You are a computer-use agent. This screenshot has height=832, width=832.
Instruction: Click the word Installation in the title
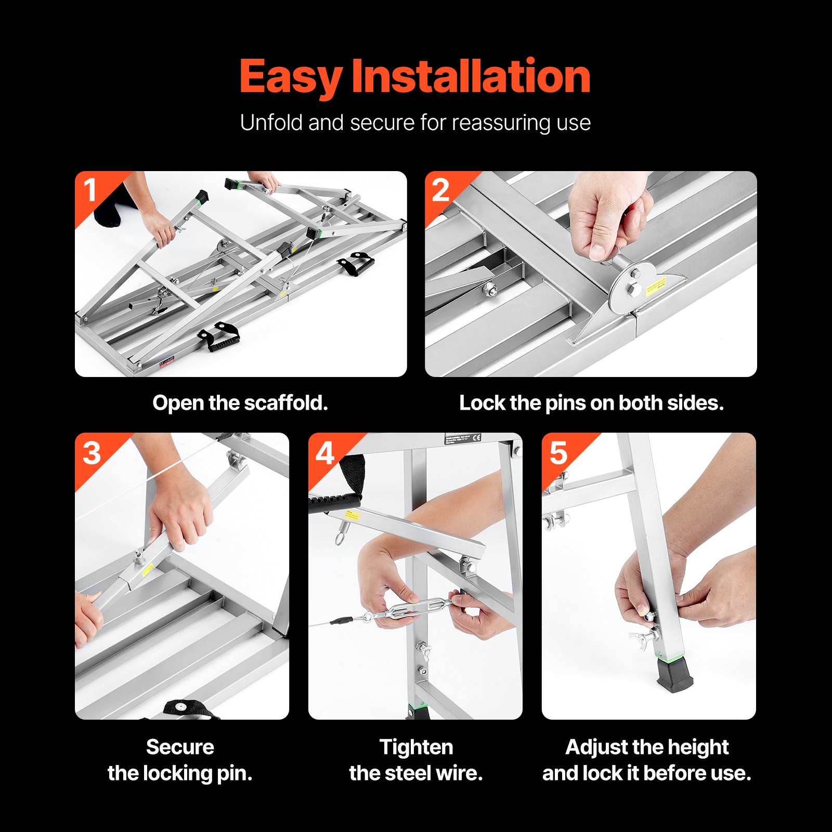tap(471, 77)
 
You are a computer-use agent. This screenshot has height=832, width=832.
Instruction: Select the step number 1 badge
tap(90, 190)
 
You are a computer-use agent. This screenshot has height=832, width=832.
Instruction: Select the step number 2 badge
tap(440, 191)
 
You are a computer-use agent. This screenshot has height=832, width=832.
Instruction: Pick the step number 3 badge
tap(92, 453)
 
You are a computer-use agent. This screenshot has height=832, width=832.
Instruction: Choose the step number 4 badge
tap(325, 453)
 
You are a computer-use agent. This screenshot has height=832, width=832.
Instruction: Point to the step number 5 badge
tap(558, 453)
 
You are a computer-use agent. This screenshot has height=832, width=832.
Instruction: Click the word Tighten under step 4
tap(416, 747)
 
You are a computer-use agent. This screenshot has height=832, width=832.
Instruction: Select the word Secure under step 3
tap(180, 747)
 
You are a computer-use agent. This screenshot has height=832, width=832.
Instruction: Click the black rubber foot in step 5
tap(674, 675)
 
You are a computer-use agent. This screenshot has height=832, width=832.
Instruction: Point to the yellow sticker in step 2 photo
tap(656, 285)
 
